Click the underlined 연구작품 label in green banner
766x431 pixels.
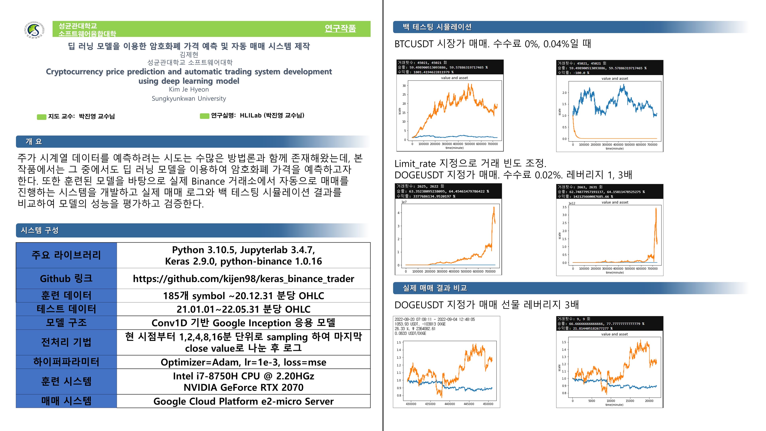[340, 28]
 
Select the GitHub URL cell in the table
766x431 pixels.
[243, 279]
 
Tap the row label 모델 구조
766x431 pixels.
[66, 323]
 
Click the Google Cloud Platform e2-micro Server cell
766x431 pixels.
[243, 401]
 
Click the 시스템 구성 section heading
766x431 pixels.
[39, 230]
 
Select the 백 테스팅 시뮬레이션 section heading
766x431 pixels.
[437, 27]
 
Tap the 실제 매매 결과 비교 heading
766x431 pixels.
[435, 288]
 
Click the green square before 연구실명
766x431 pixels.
[204, 116]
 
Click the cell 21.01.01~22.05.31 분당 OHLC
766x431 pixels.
[243, 309]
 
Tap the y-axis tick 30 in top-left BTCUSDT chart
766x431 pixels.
[404, 86]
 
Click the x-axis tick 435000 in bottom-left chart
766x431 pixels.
[430, 404]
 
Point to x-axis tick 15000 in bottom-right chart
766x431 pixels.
[630, 401]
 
